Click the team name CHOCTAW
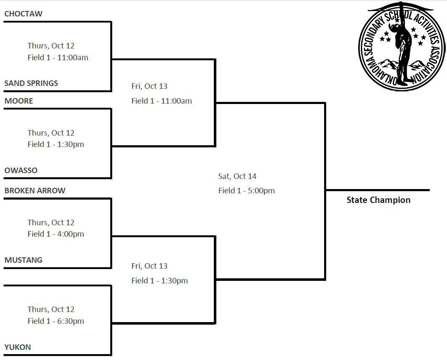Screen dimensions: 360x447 [x=23, y=14]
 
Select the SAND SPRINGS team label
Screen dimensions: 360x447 [x=31, y=83]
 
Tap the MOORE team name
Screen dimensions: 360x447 [x=19, y=101]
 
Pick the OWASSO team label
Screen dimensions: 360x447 [x=21, y=171]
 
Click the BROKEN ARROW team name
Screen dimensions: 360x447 [x=35, y=191]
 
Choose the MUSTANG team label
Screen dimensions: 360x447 [x=24, y=260]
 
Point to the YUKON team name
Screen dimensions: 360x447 [x=18, y=347]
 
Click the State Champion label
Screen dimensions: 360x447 [x=378, y=200]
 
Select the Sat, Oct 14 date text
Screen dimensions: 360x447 [x=237, y=176]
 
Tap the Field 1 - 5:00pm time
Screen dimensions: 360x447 [x=246, y=191]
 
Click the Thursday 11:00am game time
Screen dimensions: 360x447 [x=58, y=58]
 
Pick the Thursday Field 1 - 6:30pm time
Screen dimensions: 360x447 [x=56, y=321]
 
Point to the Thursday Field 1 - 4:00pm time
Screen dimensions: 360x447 [x=56, y=234]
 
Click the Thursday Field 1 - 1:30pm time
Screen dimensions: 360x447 [x=56, y=144]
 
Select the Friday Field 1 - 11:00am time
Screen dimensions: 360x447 [x=162, y=101]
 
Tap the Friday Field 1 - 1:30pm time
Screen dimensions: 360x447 [x=160, y=281]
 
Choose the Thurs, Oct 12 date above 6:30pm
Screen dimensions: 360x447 [x=51, y=309]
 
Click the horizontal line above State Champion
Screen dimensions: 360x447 [x=378, y=190]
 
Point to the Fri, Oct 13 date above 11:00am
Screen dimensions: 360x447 [x=149, y=86]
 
